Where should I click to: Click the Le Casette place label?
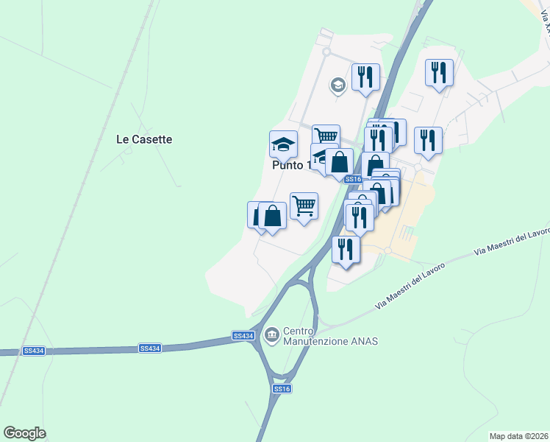pyautogui.click(x=144, y=138)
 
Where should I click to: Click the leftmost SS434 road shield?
pyautogui.click(x=34, y=351)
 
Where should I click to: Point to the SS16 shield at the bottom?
pyautogui.click(x=282, y=388)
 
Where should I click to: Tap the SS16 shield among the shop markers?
pyautogui.click(x=353, y=179)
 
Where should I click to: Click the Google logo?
pyautogui.click(x=24, y=433)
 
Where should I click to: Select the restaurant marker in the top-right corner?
pyautogui.click(x=439, y=73)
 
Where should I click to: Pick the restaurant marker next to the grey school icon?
pyautogui.click(x=365, y=77)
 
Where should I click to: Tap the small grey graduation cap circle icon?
pyautogui.click(x=338, y=84)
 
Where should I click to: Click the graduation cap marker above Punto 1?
pyautogui.click(x=283, y=144)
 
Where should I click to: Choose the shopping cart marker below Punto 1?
pyautogui.click(x=304, y=206)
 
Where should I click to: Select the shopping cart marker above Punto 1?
pyautogui.click(x=326, y=137)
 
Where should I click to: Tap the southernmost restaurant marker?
pyautogui.click(x=345, y=249)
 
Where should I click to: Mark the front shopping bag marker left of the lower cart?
pyautogui.click(x=272, y=217)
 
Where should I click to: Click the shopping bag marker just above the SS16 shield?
pyautogui.click(x=340, y=162)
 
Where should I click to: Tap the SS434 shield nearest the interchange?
pyautogui.click(x=243, y=336)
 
